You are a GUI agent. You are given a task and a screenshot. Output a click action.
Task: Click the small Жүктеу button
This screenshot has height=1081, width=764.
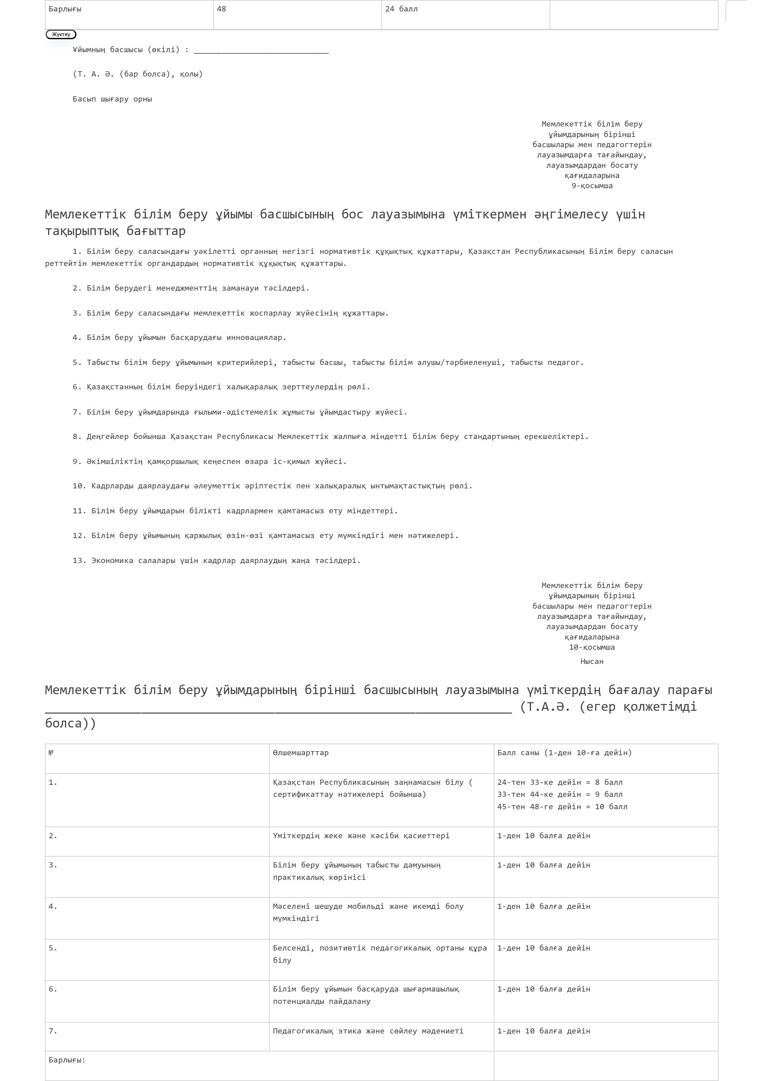point(61,34)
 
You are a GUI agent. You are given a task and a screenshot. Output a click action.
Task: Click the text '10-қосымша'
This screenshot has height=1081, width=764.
point(592,647)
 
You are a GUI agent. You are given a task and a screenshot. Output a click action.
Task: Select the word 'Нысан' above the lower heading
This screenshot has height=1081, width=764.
point(592,661)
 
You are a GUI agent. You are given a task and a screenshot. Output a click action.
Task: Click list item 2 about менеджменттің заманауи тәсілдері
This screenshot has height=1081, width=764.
point(191,288)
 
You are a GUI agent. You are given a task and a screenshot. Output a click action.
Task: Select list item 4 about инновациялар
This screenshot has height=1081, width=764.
point(179,338)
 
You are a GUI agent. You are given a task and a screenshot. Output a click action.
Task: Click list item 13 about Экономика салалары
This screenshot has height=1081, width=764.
point(216,561)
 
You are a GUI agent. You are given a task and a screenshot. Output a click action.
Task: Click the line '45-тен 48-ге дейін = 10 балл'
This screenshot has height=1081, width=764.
point(562,807)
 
